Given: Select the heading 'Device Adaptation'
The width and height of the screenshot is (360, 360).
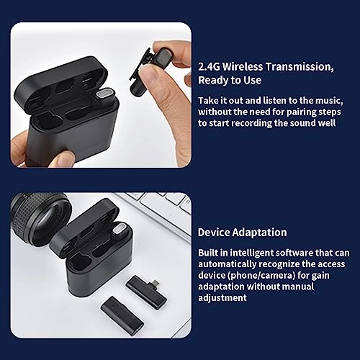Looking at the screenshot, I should (243, 232).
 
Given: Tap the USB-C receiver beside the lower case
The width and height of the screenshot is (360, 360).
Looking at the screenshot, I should (147, 287).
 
